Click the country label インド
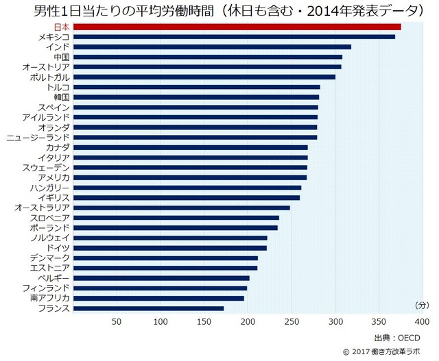click(56, 47)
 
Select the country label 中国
click(61, 57)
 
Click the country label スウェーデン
click(45, 167)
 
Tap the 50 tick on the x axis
click(117, 323)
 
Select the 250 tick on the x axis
click(292, 323)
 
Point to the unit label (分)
click(422, 304)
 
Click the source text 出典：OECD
click(396, 338)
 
